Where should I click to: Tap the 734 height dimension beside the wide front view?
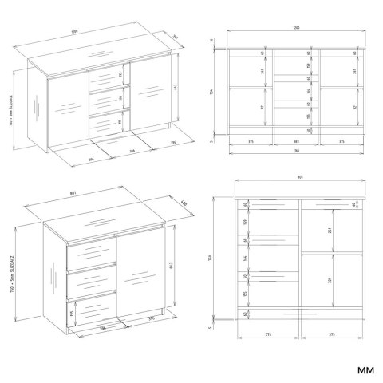coord(212,92)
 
